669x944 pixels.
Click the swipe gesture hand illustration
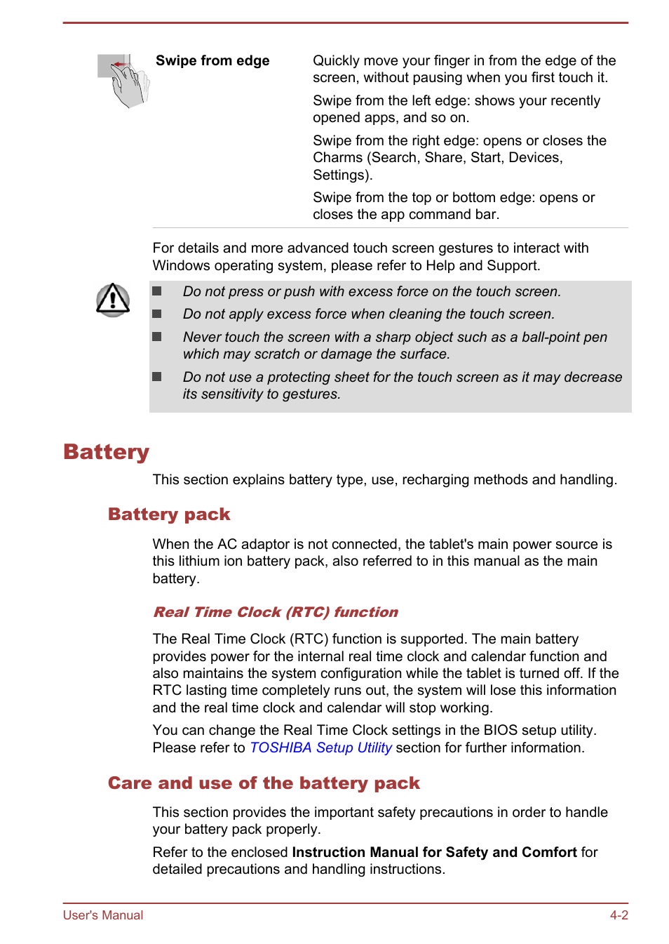123,81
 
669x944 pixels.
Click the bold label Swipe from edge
212,61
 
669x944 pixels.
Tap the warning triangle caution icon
113,300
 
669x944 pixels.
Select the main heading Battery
106,451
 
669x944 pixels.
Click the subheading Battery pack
169,514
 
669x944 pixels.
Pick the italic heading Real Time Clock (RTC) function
276,612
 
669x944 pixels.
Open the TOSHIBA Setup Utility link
320,747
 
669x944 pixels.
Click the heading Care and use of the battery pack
264,783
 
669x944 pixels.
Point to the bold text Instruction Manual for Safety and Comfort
434,852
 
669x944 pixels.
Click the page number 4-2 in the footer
619,915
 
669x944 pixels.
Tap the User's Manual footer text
103,915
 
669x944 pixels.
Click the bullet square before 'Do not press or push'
157,291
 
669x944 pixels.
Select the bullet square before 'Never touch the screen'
157,337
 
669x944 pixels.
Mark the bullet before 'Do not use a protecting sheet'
157,377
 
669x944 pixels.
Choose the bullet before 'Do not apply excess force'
157,314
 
